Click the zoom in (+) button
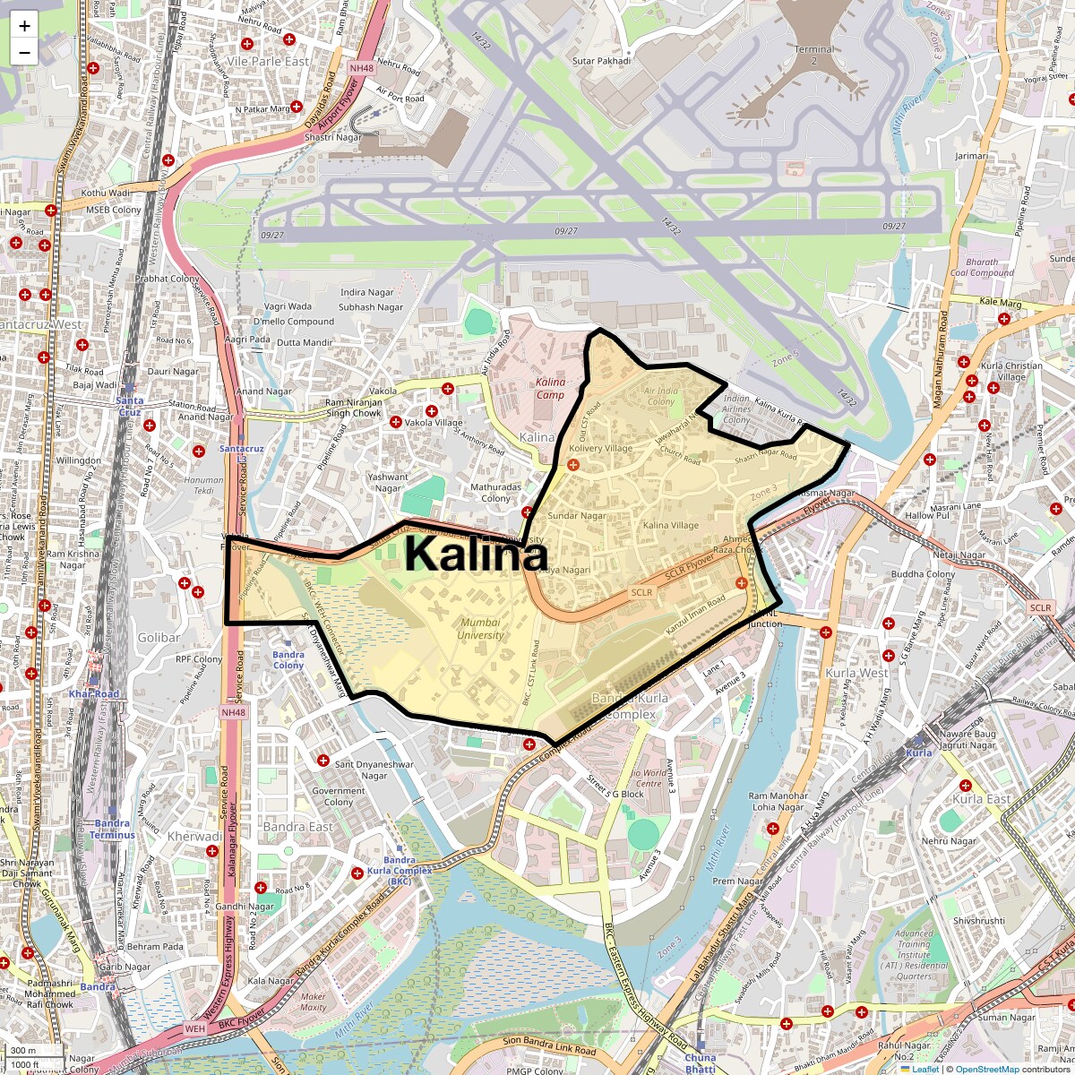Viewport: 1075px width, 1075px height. point(24,25)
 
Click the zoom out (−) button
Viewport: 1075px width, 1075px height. point(24,52)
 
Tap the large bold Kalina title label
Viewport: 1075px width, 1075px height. point(476,554)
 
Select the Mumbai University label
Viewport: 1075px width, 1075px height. point(481,629)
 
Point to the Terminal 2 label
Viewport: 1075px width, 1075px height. point(813,55)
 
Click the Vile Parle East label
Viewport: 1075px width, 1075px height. point(268,62)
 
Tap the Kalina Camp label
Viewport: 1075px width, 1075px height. point(551,388)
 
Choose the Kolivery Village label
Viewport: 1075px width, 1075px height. point(600,448)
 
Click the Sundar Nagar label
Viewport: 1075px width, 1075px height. point(576,516)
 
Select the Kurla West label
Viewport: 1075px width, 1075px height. point(857,673)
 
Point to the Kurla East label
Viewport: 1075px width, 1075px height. point(981,799)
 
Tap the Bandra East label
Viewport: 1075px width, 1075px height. point(297,827)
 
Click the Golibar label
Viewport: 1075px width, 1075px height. point(159,638)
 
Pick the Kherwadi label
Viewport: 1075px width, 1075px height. point(194,837)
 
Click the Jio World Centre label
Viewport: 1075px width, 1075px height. point(649,778)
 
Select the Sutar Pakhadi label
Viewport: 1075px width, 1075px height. point(601,61)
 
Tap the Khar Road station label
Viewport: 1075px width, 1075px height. point(93,694)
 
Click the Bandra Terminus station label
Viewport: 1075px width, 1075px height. point(112,829)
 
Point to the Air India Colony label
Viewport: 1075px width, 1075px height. point(661,396)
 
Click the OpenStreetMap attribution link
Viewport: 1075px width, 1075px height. point(986,1069)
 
